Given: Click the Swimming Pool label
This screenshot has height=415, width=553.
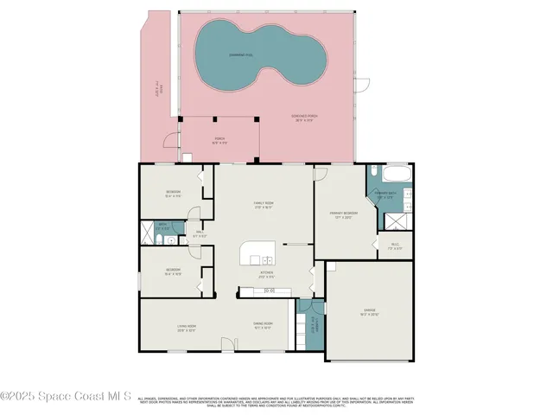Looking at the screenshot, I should [x=240, y=54].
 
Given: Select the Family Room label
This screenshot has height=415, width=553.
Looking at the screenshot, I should [x=263, y=206].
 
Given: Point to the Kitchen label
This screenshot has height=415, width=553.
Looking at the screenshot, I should [x=267, y=275].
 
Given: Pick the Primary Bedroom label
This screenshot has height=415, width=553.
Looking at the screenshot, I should [x=344, y=214].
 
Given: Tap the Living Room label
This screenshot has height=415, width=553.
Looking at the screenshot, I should [x=186, y=328].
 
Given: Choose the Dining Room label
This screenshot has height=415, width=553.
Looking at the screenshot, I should [x=264, y=326].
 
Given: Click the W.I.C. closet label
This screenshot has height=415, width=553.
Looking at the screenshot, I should [x=395, y=246].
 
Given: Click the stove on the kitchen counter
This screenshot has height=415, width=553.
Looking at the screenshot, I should [x=269, y=291].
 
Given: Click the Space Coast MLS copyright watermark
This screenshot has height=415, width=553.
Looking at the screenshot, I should [x=66, y=397].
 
